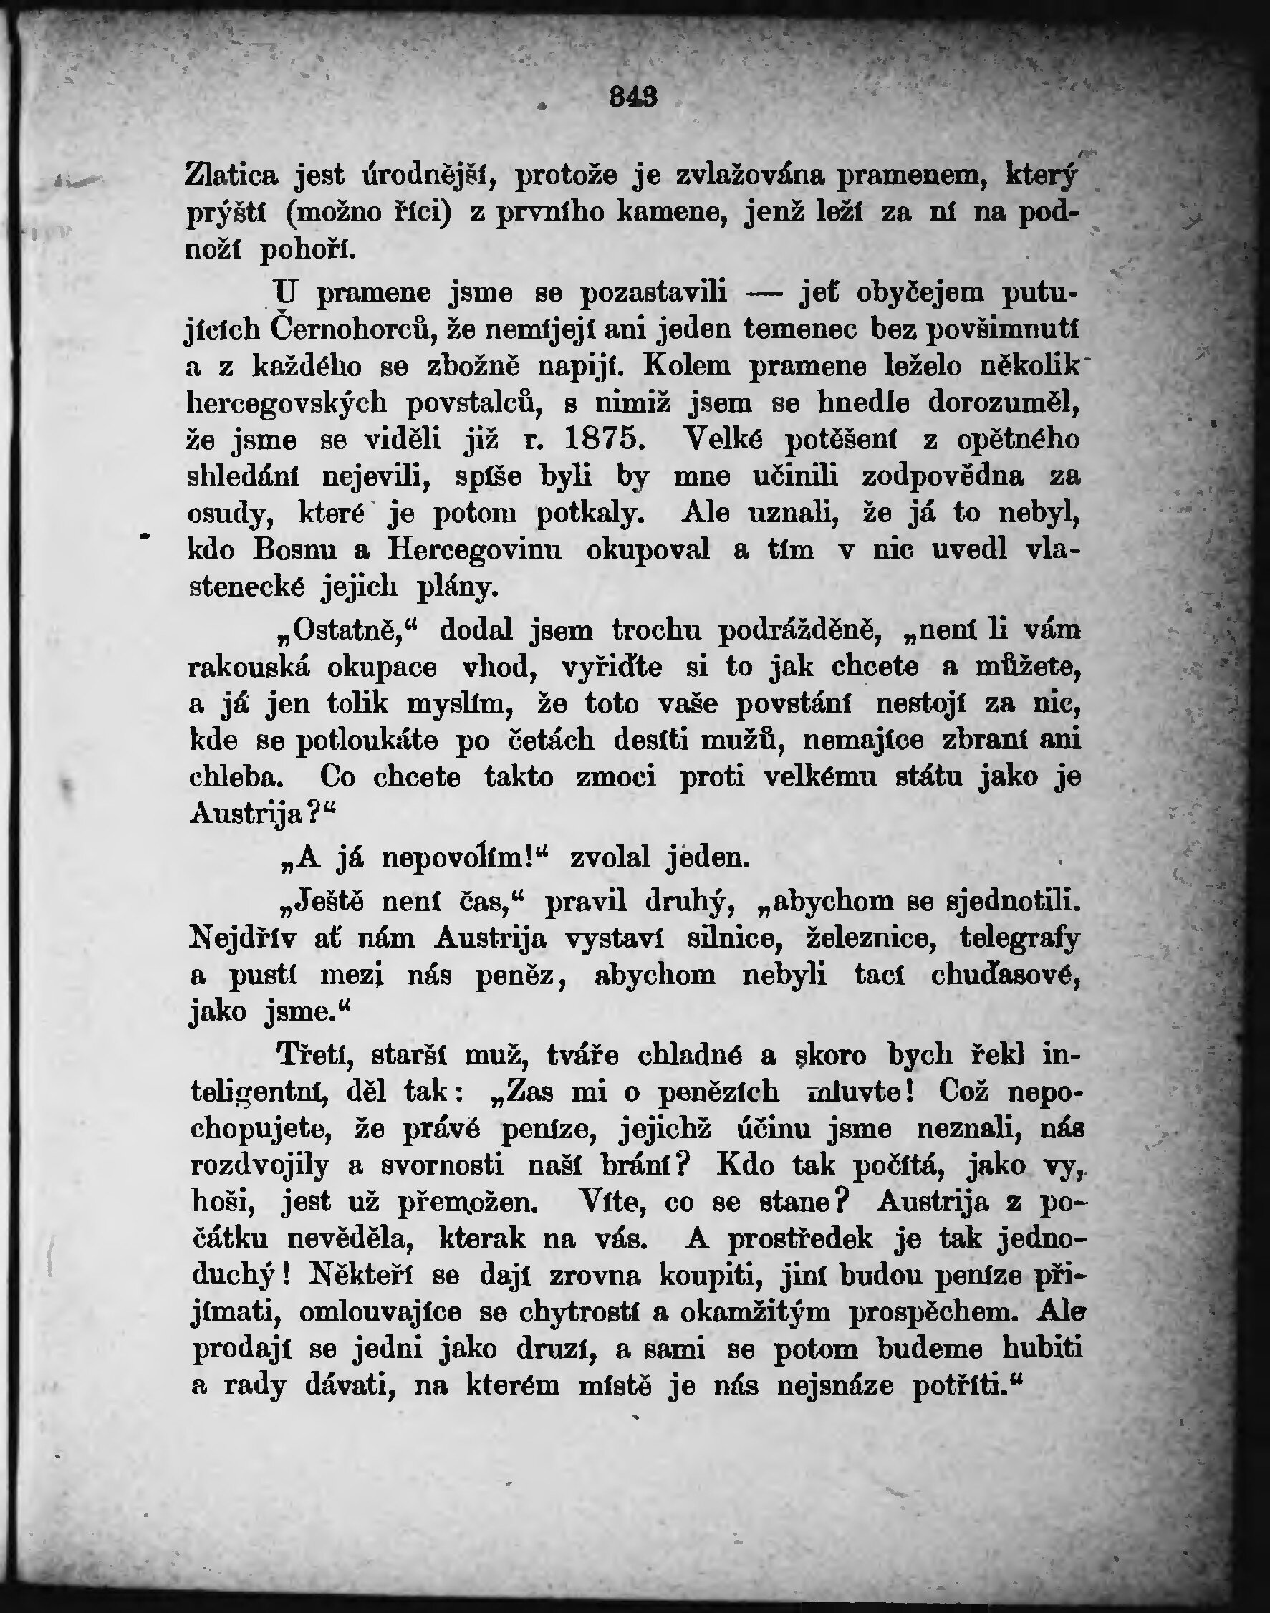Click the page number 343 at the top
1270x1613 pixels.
click(633, 97)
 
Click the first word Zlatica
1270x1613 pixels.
click(231, 175)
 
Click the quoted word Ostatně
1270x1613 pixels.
click(350, 630)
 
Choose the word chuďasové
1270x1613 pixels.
click(1005, 975)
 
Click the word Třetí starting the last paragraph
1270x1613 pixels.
click(314, 1055)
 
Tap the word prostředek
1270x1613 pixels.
click(801, 1238)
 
